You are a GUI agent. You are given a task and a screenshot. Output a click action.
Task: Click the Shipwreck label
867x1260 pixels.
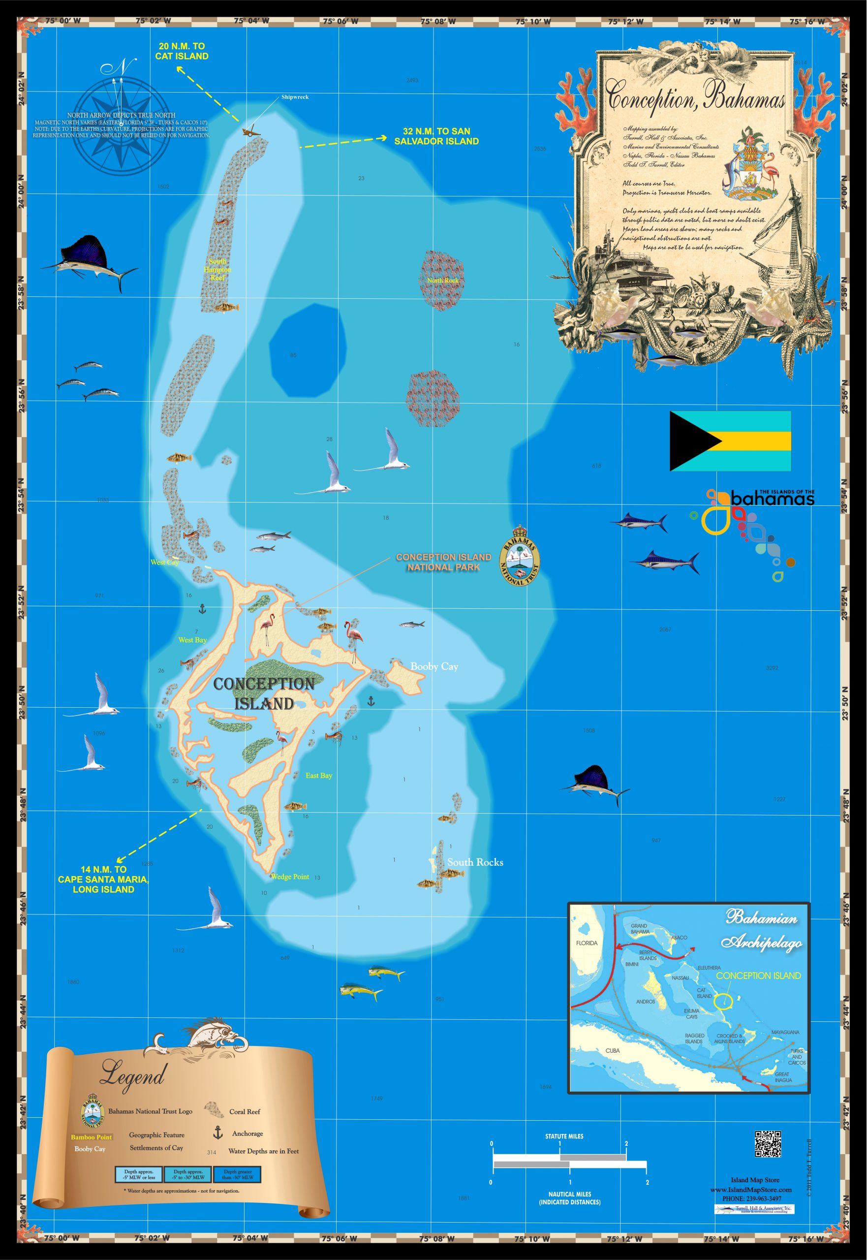tap(294, 97)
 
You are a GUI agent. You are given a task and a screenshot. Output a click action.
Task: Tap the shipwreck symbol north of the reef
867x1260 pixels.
tap(250, 132)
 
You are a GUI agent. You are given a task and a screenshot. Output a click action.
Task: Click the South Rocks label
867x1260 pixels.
tap(475, 862)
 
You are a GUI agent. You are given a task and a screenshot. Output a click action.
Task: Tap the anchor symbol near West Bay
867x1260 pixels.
tap(202, 608)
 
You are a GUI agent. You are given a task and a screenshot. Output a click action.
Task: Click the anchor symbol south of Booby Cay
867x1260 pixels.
tap(371, 701)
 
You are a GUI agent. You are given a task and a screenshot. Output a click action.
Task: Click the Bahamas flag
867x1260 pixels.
tap(730, 441)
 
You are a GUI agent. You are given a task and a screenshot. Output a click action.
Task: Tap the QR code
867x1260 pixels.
tap(768, 1144)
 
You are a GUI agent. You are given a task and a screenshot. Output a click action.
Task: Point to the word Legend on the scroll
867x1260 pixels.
tap(132, 1077)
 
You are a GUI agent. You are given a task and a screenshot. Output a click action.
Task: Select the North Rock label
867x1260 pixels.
tap(443, 281)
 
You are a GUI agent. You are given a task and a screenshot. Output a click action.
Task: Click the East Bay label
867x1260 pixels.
tap(318, 775)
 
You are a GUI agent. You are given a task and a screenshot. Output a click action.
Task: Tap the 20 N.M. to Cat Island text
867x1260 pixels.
tap(182, 51)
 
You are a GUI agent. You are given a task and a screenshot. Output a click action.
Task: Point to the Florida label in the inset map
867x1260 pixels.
tap(586, 943)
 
